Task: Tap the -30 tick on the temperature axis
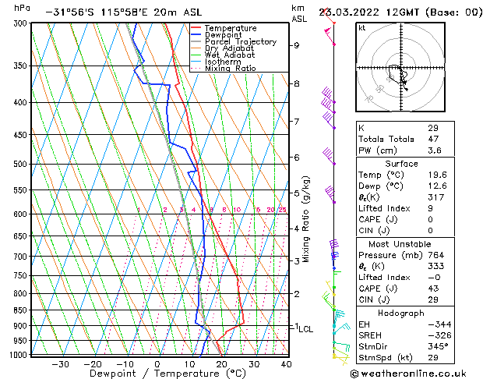tap(60, 363)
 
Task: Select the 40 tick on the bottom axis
tap(286, 363)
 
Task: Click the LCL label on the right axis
tap(306, 329)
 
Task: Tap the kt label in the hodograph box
tap(362, 28)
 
